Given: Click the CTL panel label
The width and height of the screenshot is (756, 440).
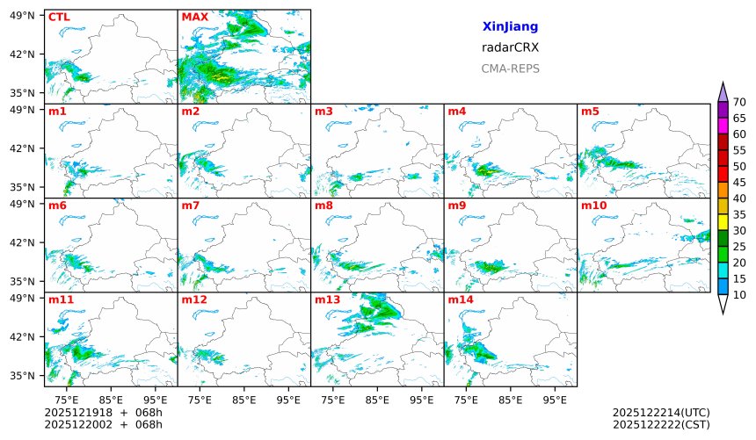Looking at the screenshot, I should pos(59,17).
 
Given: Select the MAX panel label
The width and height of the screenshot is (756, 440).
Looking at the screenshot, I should pos(194,17).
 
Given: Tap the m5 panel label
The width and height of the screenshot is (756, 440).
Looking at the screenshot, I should pos(590,112).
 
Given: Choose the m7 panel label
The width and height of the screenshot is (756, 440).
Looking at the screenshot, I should pos(191,206).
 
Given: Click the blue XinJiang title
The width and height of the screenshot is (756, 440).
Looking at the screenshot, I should pos(510,27).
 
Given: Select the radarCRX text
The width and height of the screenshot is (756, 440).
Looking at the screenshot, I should pos(510,47).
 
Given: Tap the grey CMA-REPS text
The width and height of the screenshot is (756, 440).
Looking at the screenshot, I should pos(510,69).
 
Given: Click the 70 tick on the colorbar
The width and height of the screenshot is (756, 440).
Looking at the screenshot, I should pos(739,103).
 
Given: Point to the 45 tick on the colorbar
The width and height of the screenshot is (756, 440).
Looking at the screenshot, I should pos(739,183).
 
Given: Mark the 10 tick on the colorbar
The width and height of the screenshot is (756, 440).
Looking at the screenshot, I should pos(739,295).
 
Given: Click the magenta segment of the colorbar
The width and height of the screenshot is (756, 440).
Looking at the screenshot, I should pos(723,126).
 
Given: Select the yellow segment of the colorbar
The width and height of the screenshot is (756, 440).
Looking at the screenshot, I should pos(723,222).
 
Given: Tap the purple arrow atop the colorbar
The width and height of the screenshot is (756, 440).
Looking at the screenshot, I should pos(723,91).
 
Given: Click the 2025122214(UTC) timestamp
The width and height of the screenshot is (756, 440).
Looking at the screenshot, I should pos(661,413).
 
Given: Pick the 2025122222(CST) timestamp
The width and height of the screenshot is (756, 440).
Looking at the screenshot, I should pos(661,424).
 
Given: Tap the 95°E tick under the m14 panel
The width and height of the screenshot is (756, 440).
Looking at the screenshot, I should pos(555,400).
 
